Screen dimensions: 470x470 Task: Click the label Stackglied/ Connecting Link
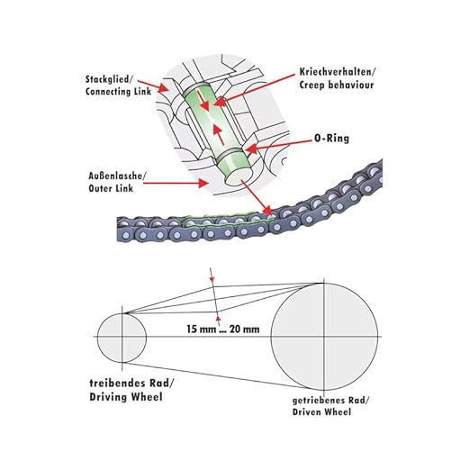point(118,86)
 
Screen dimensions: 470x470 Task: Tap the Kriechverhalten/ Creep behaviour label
point(337,78)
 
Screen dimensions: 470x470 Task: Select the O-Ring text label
point(331,139)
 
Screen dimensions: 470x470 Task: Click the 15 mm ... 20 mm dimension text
point(223,329)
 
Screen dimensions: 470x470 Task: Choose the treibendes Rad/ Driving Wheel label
point(131,390)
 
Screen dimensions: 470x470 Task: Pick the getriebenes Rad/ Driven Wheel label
point(331,406)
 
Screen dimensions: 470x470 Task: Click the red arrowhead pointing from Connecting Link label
point(163,88)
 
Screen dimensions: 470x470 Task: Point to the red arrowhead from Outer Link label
point(203,183)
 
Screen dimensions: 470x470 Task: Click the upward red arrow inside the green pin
point(220,135)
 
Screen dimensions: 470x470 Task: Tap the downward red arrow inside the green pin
point(203,101)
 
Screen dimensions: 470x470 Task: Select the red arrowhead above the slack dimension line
point(212,280)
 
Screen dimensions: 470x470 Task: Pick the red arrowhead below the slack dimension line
point(219,319)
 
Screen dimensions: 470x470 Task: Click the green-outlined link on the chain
point(228,222)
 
